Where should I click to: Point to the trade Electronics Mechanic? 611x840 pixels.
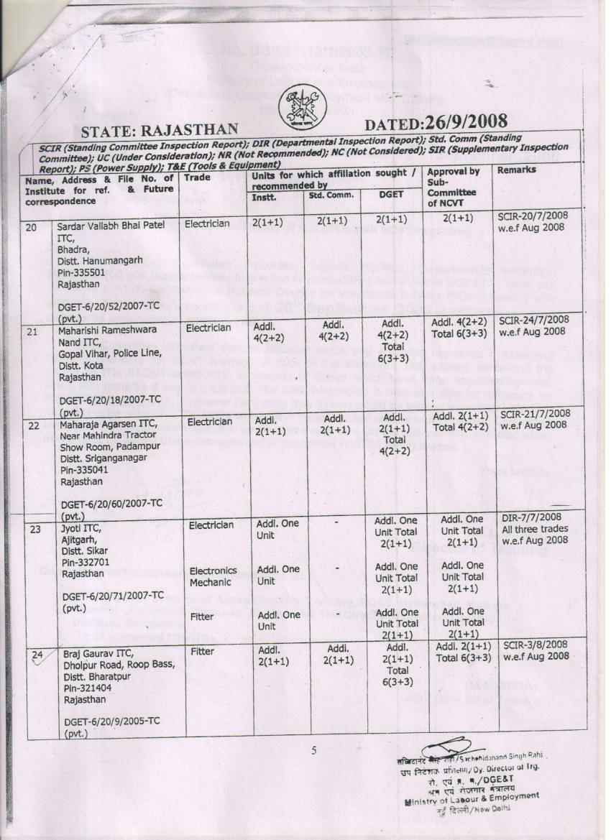point(212,575)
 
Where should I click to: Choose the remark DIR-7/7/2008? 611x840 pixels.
point(530,517)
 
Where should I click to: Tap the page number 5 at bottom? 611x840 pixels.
point(313,752)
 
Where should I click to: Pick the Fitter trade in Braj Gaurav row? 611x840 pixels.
point(203,652)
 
